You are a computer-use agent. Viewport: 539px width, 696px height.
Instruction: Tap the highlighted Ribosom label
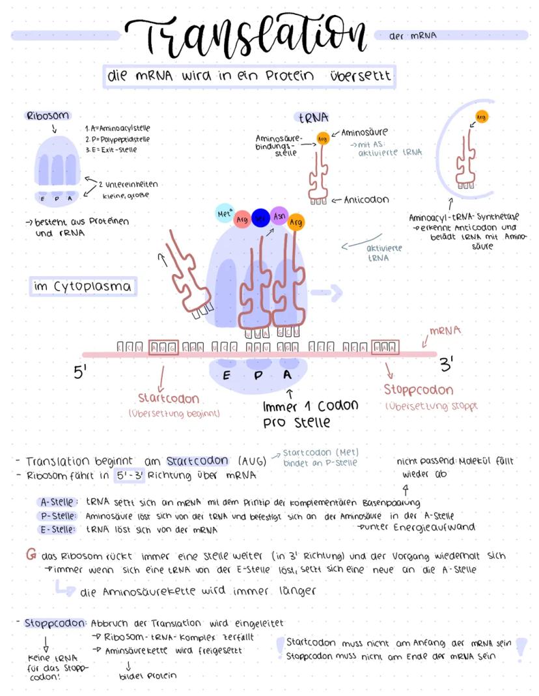point(48,116)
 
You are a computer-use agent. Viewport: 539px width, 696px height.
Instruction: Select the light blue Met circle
point(225,213)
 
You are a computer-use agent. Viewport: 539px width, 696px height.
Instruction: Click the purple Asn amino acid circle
point(280,216)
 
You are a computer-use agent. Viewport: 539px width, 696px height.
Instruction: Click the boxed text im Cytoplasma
point(83,286)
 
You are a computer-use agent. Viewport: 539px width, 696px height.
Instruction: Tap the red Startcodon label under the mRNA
point(168,398)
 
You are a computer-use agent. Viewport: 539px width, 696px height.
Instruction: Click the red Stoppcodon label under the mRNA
point(418,391)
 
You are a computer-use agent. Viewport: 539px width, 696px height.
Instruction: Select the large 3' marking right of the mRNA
point(447,366)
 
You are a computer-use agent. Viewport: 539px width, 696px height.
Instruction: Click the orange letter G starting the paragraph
point(30,555)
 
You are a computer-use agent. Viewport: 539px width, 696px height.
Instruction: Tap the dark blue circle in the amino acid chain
point(260,217)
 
